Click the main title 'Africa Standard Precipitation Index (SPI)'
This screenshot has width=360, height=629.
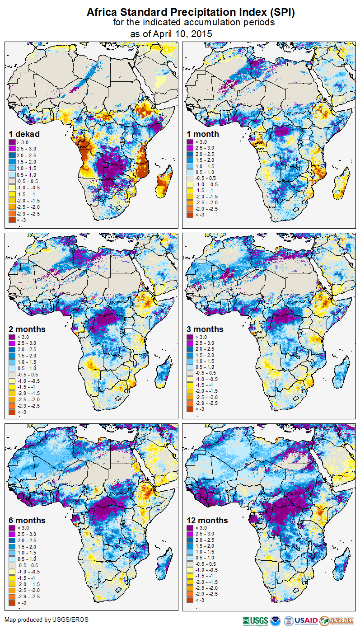(x=191, y=13)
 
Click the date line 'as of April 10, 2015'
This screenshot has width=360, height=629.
(x=171, y=34)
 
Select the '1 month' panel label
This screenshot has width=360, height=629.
(x=203, y=134)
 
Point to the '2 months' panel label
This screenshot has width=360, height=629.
(x=28, y=329)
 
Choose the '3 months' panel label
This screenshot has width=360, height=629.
(x=205, y=329)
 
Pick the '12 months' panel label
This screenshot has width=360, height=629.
(x=207, y=521)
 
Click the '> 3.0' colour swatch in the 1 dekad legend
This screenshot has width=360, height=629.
(x=13, y=142)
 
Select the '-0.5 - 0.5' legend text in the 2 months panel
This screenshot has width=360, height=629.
(x=28, y=375)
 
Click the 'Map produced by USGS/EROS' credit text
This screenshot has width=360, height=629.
(x=47, y=620)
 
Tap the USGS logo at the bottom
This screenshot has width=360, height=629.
(x=255, y=620)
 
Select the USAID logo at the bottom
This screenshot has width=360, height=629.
(x=306, y=620)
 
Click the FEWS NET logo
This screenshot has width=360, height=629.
(x=337, y=620)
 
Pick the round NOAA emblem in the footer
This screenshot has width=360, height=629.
(x=276, y=620)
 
